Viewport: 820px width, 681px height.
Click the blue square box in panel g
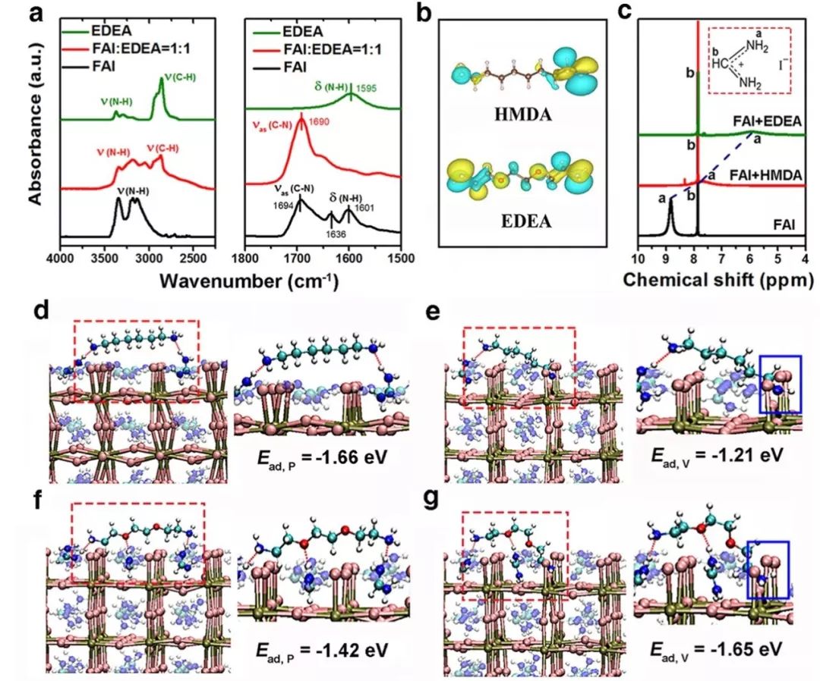768,569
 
